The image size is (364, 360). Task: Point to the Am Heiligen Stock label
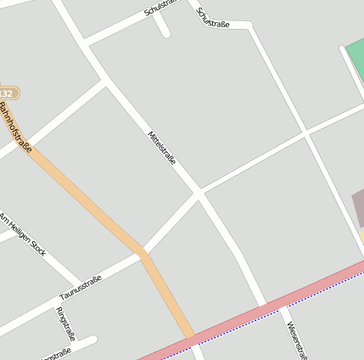click(x=23, y=233)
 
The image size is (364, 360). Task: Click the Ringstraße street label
click(x=65, y=323)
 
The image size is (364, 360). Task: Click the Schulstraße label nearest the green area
click(x=213, y=18)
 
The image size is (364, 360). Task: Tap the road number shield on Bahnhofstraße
click(x=7, y=93)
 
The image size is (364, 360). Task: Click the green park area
click(x=356, y=55)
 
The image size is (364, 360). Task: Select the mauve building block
click(x=357, y=209)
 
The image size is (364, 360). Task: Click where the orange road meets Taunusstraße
click(x=144, y=253)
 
